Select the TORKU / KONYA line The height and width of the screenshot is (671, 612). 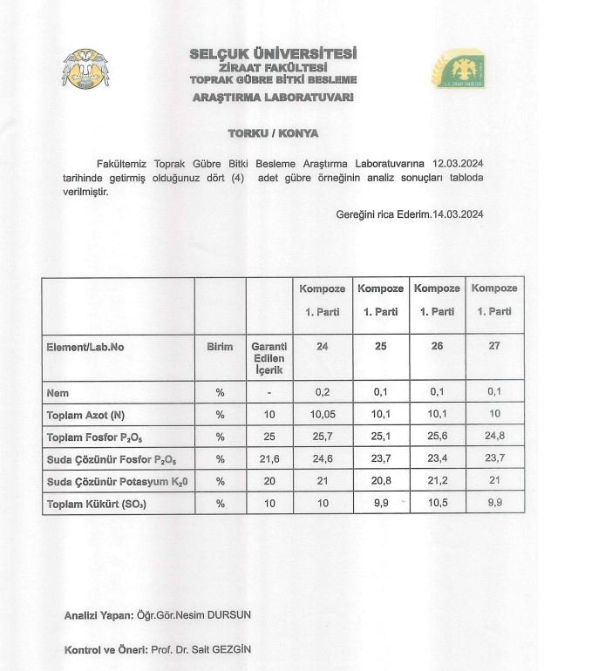point(273,133)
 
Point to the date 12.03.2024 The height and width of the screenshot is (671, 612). point(458,162)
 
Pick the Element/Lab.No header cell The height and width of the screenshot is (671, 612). point(85,347)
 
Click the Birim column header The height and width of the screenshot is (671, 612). point(220,347)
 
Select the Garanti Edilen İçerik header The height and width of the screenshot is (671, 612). point(269,357)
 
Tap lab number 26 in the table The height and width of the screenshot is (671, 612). point(437,346)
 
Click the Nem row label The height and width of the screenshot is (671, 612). point(58,393)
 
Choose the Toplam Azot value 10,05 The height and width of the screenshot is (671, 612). point(323,415)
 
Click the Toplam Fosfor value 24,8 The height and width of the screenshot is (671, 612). point(494,437)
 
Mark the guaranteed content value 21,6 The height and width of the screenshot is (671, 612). point(269,458)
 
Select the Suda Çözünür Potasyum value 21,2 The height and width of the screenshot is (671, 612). point(437,480)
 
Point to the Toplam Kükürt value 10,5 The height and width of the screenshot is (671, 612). point(437,503)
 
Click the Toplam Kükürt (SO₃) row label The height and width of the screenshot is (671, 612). point(96,503)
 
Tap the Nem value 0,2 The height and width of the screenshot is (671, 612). point(323,393)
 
